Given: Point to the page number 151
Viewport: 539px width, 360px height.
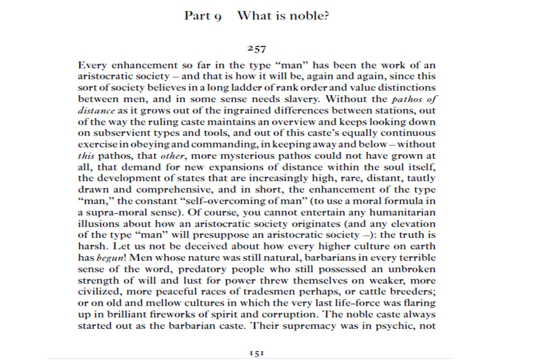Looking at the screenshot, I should point(256,353).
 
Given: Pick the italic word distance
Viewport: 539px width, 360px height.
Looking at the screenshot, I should point(96,111).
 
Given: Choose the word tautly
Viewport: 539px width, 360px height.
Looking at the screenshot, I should point(421,179).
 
